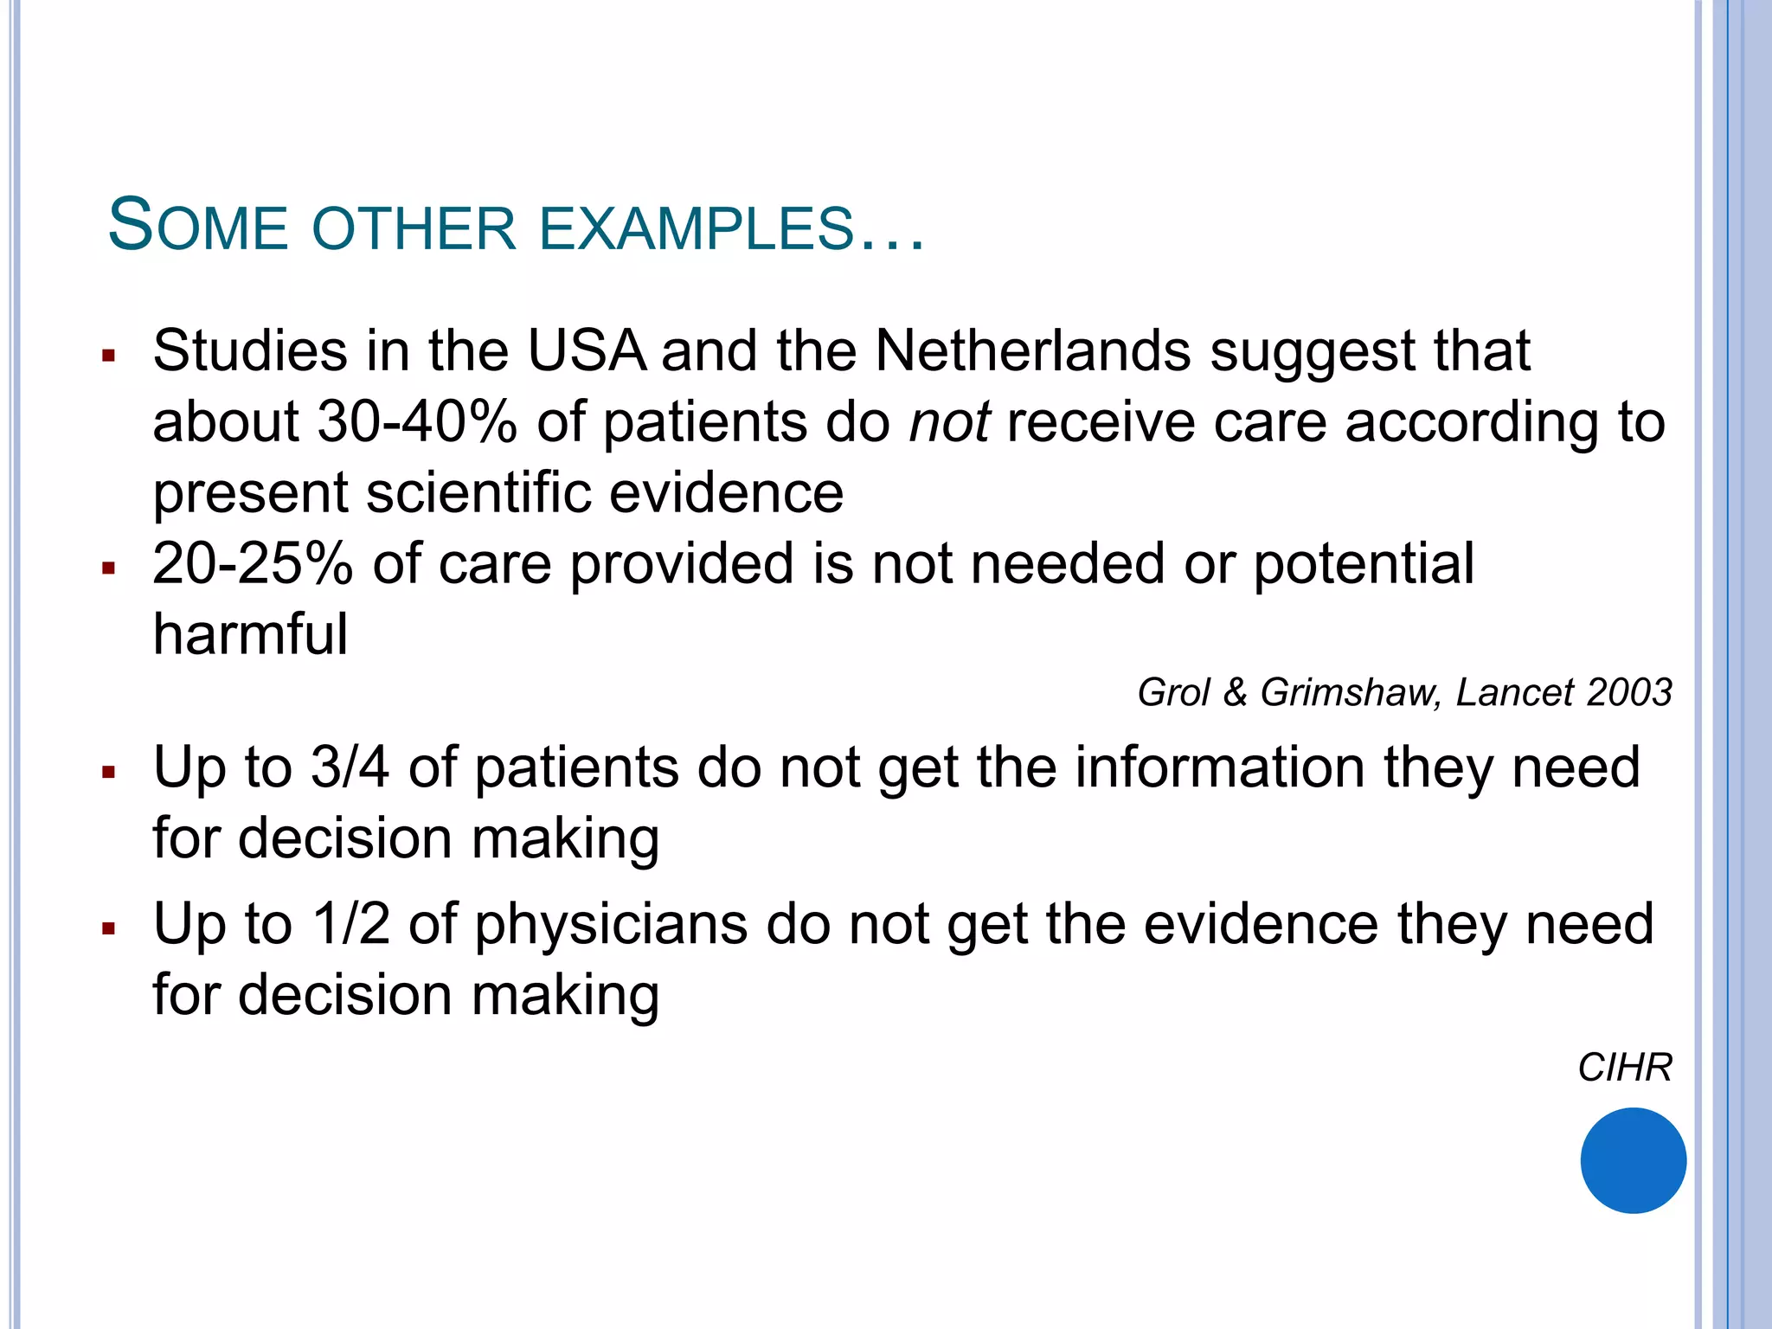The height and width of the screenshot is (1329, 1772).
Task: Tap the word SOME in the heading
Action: point(197,226)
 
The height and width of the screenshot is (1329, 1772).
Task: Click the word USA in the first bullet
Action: point(587,351)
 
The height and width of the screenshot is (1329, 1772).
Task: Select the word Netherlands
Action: point(1033,351)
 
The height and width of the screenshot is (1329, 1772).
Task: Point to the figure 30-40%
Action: point(417,422)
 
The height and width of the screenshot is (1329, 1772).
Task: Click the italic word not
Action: point(949,424)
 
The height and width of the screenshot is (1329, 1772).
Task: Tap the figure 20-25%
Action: point(253,564)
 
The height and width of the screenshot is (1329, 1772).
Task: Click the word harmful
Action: point(250,634)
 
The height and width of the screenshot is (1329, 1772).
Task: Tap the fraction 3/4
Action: point(350,767)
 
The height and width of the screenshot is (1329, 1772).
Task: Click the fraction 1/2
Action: point(350,924)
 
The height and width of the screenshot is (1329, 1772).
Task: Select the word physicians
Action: point(611,925)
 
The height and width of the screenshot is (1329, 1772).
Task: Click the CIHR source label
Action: point(1624,1068)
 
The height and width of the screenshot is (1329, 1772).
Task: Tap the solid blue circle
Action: point(1633,1160)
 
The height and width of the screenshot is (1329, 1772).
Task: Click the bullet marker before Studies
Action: point(108,355)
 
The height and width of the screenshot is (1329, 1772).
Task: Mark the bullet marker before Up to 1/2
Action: point(108,928)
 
